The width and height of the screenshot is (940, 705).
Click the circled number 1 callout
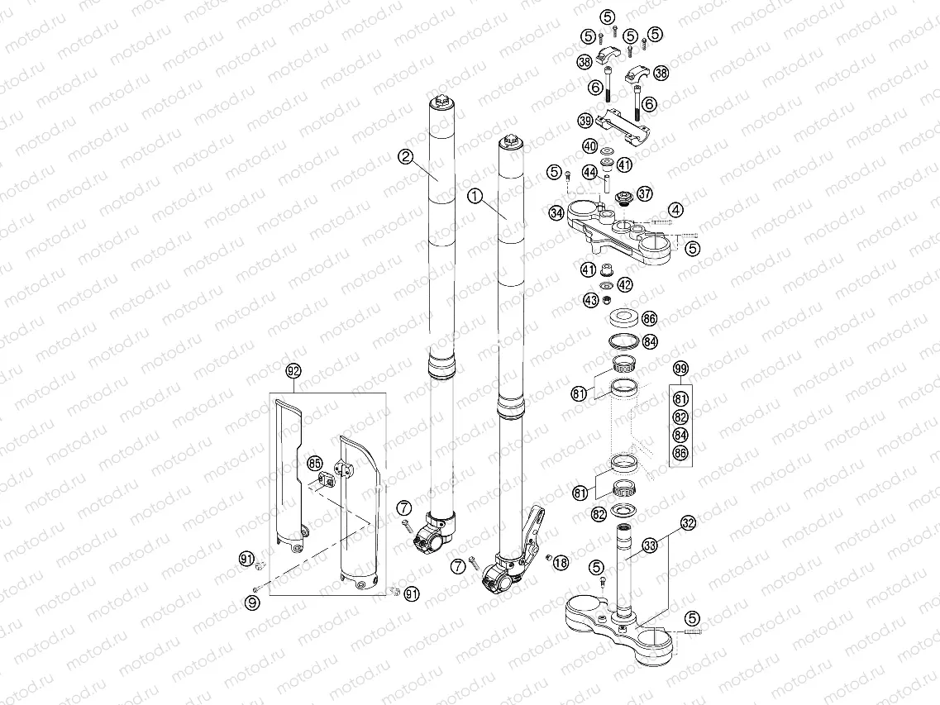click(474, 196)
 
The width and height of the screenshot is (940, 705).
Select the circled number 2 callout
click(405, 156)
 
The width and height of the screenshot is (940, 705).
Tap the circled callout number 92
click(293, 371)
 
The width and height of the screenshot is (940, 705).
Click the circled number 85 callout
click(315, 463)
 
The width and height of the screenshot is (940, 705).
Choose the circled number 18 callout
click(561, 563)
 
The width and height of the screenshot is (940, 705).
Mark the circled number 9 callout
click(253, 604)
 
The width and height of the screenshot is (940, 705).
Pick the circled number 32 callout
click(689, 522)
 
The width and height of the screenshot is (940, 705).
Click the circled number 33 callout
click(651, 545)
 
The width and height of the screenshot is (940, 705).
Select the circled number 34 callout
click(556, 212)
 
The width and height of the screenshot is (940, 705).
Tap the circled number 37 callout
click(644, 193)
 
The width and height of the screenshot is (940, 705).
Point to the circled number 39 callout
click(585, 121)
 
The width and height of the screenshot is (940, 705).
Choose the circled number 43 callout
click(590, 300)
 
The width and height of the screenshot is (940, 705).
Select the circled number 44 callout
click(589, 172)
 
